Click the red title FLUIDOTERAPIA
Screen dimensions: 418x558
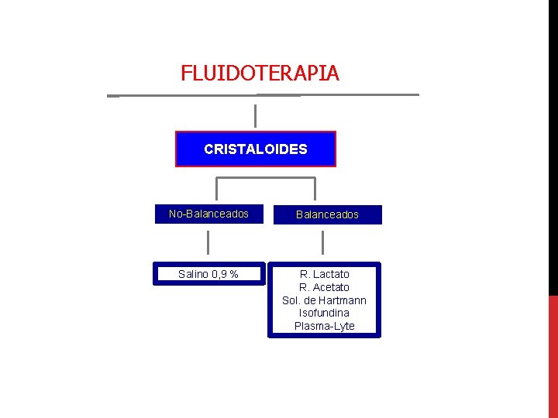(x=260, y=74)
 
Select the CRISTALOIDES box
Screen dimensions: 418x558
(x=256, y=149)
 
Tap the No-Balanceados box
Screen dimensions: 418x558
(x=208, y=214)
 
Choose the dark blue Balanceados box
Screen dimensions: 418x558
(x=328, y=214)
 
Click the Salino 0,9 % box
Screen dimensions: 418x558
(x=208, y=274)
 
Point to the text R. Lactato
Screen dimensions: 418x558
(x=325, y=274)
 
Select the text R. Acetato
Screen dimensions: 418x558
(x=325, y=287)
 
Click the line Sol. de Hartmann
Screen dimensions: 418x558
(x=325, y=300)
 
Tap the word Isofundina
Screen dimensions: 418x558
(x=325, y=313)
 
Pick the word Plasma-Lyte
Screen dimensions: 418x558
(x=325, y=326)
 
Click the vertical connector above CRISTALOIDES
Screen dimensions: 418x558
(x=255, y=115)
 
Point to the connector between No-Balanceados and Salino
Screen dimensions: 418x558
(x=208, y=242)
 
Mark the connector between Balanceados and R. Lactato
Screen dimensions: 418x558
(x=322, y=242)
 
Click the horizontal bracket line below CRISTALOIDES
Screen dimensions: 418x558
(x=265, y=178)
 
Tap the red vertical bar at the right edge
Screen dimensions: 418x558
(x=553, y=356)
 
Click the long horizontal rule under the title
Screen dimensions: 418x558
(x=263, y=95)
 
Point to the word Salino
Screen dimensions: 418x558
(x=193, y=274)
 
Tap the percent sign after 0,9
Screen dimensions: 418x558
(x=233, y=274)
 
